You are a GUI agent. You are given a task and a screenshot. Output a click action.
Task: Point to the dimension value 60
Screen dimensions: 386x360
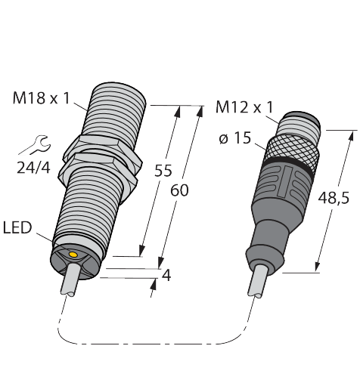click(x=178, y=190)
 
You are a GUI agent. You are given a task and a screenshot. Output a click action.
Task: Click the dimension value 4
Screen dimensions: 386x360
click(x=166, y=275)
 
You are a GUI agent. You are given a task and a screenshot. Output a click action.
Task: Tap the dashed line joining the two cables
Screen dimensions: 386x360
click(x=151, y=342)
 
